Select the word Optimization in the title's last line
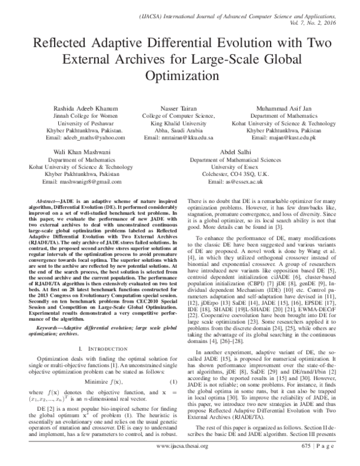point(180,77)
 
